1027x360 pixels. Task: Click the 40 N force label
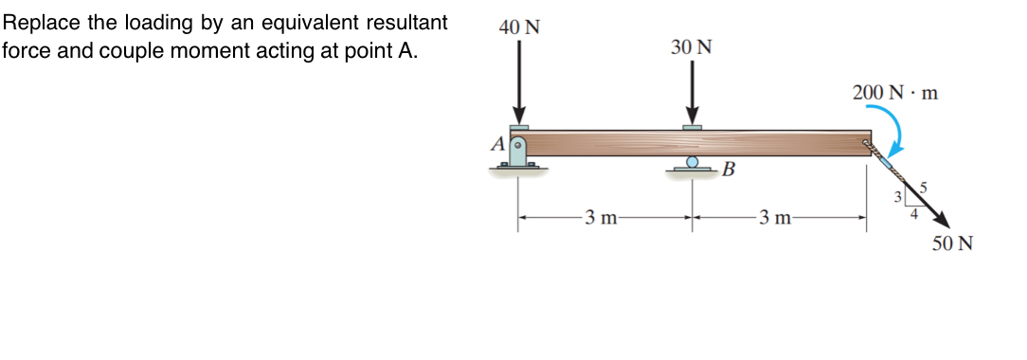click(519, 27)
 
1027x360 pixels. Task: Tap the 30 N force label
click(692, 47)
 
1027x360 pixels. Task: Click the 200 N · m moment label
click(894, 94)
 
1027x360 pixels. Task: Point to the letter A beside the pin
click(497, 144)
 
